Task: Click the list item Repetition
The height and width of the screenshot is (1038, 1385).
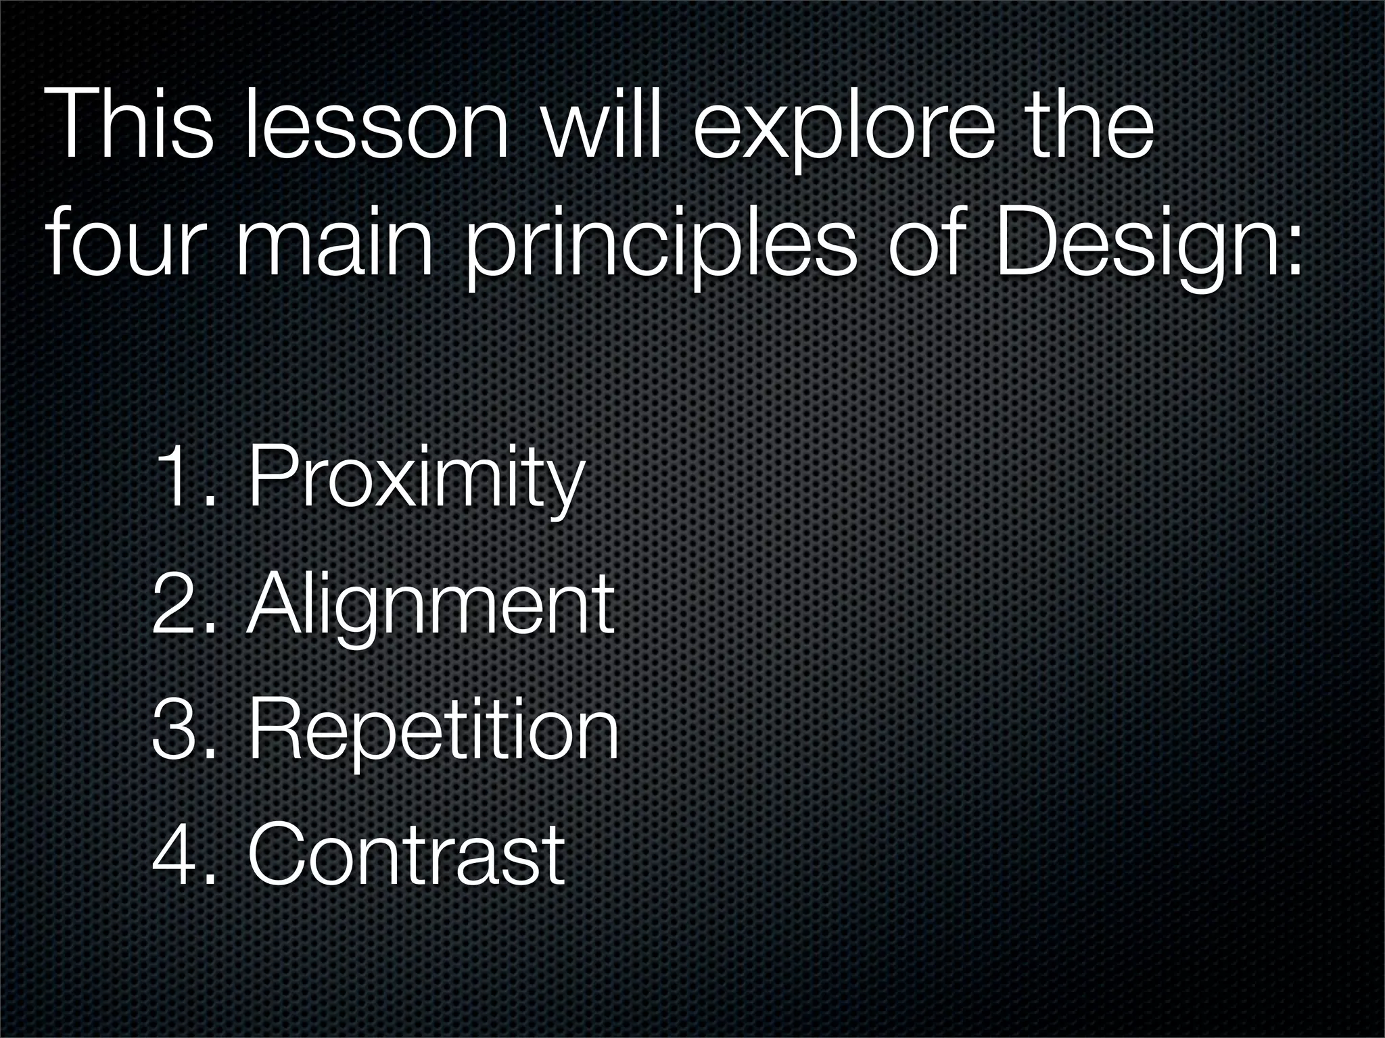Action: (433, 730)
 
